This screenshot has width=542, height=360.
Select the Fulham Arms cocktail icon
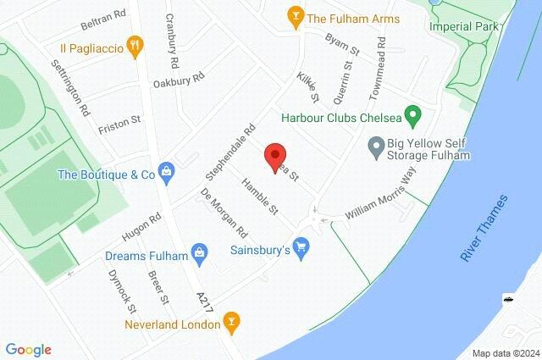point(295,16)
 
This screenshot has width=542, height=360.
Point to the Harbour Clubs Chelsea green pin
point(413,114)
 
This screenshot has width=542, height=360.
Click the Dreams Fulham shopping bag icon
point(200,251)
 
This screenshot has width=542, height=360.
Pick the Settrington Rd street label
point(70,87)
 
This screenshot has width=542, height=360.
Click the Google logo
point(28,349)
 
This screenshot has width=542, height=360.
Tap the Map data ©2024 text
point(505,352)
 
